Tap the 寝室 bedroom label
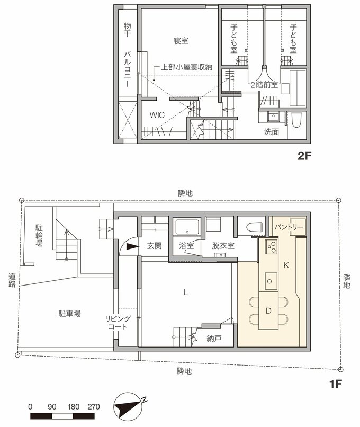(181, 40)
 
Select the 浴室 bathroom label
(186, 246)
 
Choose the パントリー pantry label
(287, 227)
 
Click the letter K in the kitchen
(286, 264)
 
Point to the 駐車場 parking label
(69, 313)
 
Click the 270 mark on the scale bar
(93, 407)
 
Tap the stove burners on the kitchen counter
(271, 246)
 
